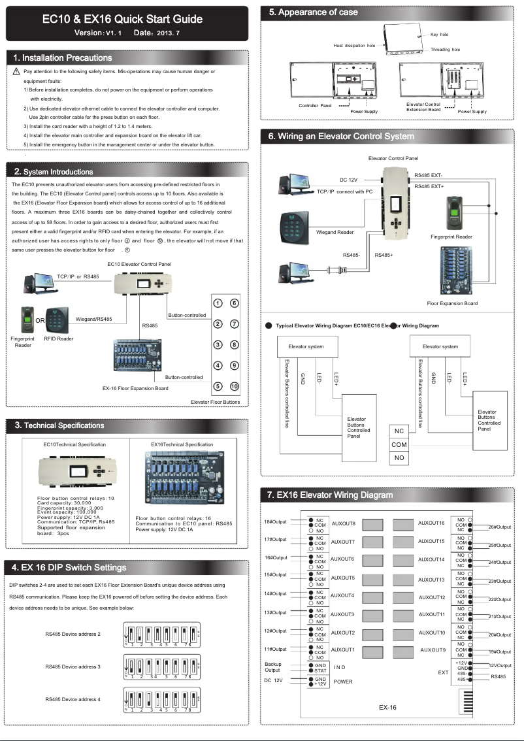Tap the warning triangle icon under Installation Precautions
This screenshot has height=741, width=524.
[x=16, y=71]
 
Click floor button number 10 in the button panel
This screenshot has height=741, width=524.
[x=235, y=386]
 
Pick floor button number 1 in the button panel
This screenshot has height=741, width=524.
[x=218, y=303]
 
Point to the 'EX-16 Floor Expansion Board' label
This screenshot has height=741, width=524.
[x=135, y=388]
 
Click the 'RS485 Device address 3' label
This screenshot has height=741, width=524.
[x=73, y=667]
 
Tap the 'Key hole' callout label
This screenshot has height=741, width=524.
[x=439, y=34]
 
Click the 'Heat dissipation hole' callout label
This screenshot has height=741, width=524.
[x=354, y=46]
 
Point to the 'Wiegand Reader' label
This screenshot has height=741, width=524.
[x=335, y=231]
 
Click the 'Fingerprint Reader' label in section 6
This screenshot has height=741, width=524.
[x=451, y=237]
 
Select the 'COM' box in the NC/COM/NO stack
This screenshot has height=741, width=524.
[x=399, y=445]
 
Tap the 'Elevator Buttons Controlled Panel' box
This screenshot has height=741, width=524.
[x=358, y=427]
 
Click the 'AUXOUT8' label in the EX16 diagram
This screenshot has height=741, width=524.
[x=343, y=523]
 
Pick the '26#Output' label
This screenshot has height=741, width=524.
[x=500, y=527]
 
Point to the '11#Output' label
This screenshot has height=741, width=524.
[x=275, y=649]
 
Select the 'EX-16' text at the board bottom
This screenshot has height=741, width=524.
[x=387, y=707]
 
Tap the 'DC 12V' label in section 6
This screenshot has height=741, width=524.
[x=348, y=179]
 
